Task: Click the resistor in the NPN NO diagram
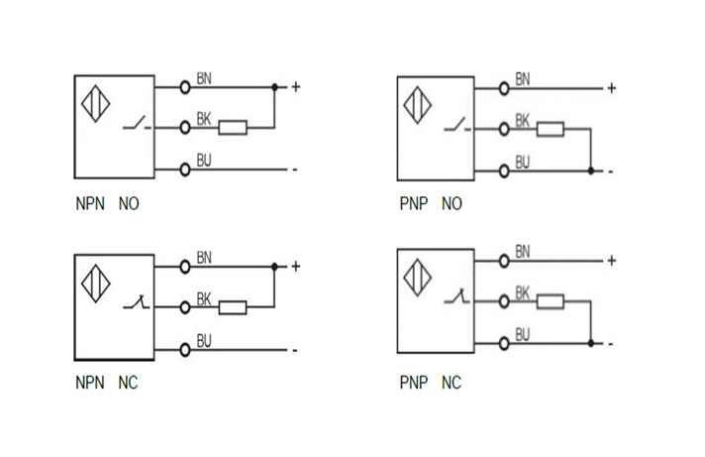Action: pyautogui.click(x=232, y=127)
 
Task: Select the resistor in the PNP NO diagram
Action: pyautogui.click(x=551, y=129)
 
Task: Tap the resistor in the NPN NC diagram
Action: pyautogui.click(x=232, y=307)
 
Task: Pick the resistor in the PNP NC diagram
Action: pyautogui.click(x=551, y=301)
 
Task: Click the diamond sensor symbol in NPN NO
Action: pyautogui.click(x=96, y=106)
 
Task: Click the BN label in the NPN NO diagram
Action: pyautogui.click(x=204, y=78)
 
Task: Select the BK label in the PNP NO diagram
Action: pyautogui.click(x=523, y=119)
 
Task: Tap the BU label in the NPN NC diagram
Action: pyautogui.click(x=204, y=340)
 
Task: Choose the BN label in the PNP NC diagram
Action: pyautogui.click(x=523, y=252)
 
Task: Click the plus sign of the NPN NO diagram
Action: pyautogui.click(x=295, y=87)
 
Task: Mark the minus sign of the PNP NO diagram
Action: pyautogui.click(x=611, y=171)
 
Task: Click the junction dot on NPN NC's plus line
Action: pyautogui.click(x=274, y=267)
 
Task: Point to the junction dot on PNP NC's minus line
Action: pyautogui.click(x=591, y=343)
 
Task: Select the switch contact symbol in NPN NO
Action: pyautogui.click(x=138, y=126)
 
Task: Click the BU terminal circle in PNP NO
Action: pyautogui.click(x=504, y=171)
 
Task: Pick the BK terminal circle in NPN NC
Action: pyautogui.click(x=185, y=307)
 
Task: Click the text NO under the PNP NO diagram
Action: pyautogui.click(x=452, y=205)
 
